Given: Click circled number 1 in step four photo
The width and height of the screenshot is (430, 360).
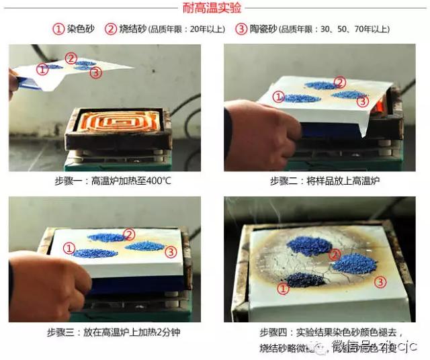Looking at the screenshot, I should (x=284, y=288).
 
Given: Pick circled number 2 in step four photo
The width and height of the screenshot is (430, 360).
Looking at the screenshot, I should (x=334, y=255).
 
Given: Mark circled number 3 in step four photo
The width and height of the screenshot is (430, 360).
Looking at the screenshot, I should (x=380, y=281).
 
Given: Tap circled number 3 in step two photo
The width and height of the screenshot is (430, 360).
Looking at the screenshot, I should (x=362, y=101).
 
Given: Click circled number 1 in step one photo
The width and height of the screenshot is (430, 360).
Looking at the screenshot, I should (x=43, y=69).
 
